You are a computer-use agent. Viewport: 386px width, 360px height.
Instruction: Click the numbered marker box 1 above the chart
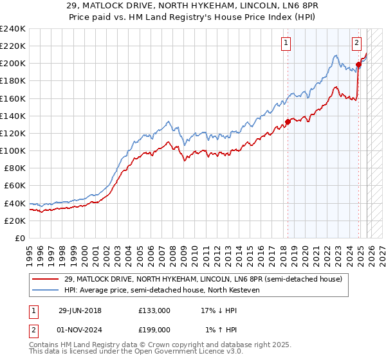(x=285, y=43)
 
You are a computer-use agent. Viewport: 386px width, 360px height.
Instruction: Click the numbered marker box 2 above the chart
(x=356, y=43)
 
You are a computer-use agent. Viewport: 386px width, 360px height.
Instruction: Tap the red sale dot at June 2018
(x=288, y=122)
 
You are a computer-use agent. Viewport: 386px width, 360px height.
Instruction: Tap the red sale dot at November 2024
(x=359, y=64)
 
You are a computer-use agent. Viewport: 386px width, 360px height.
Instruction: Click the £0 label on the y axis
(x=19, y=238)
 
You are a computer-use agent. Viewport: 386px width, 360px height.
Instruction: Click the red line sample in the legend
(x=42, y=279)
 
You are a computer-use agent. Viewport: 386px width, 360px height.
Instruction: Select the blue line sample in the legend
(x=42, y=290)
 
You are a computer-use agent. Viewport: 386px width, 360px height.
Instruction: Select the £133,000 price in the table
(x=154, y=310)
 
